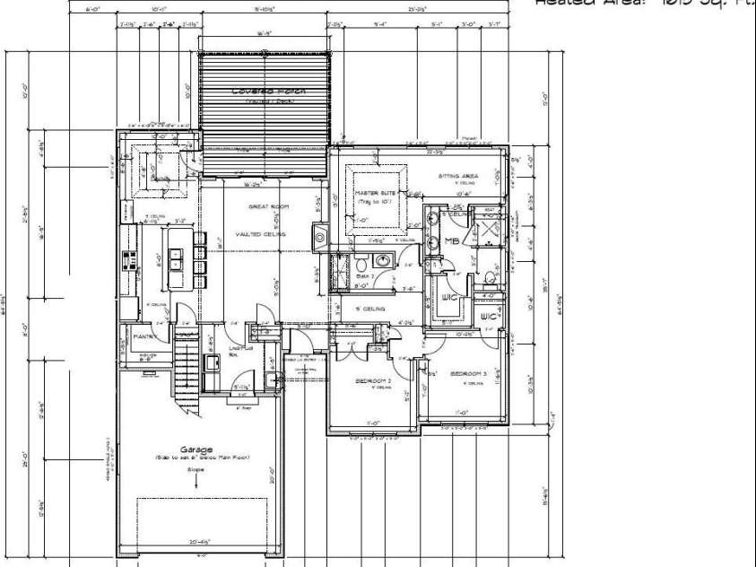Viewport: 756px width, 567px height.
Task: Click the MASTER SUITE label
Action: pos(377,193)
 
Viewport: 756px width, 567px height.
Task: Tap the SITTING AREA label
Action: pos(458,177)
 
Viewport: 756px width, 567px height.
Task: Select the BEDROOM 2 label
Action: pos(372,381)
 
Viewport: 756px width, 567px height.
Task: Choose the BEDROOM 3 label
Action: pos(468,373)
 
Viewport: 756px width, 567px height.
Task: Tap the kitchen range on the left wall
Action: pos(127,261)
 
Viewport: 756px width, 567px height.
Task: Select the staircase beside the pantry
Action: pos(186,372)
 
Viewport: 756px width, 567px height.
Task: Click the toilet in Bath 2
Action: pos(361,265)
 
